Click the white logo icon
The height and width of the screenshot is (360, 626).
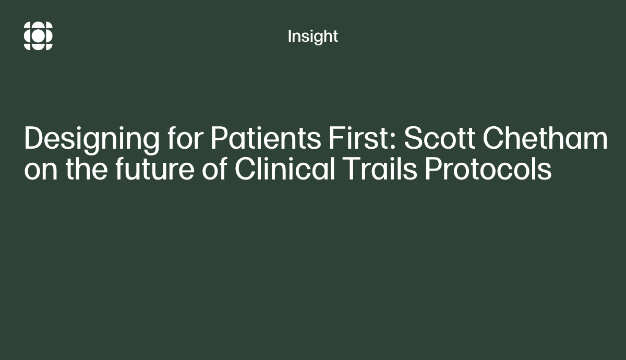click(x=38, y=36)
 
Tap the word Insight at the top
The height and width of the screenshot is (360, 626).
click(x=312, y=37)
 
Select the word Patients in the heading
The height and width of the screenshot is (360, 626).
click(x=266, y=138)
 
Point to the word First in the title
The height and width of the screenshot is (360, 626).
click(x=359, y=138)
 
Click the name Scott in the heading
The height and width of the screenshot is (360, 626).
click(x=439, y=138)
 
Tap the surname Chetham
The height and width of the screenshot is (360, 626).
click(x=545, y=138)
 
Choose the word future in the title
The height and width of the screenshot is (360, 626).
click(x=155, y=169)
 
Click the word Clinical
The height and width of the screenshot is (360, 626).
click(x=284, y=168)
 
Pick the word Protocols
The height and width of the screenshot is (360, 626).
click(x=488, y=168)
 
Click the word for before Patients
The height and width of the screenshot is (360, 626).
click(x=185, y=138)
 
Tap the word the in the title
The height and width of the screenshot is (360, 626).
click(x=87, y=168)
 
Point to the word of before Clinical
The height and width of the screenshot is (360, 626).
click(x=214, y=168)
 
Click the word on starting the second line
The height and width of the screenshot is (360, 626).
click(x=41, y=172)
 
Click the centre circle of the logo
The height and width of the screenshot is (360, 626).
click(x=38, y=36)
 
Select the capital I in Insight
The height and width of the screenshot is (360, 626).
click(x=290, y=37)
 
